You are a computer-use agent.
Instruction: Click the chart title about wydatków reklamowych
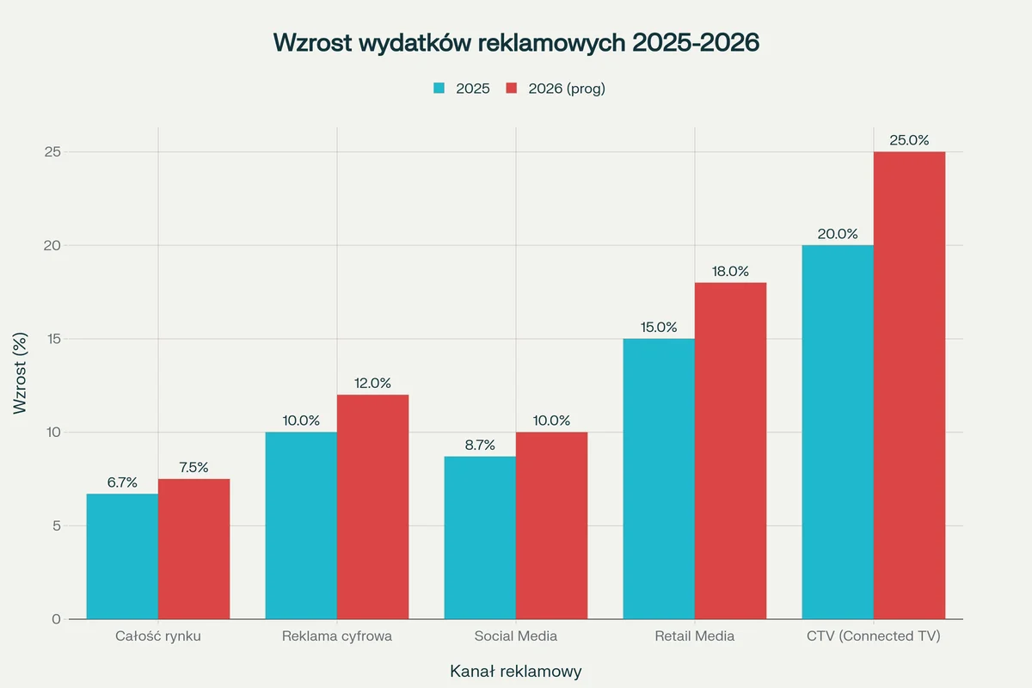pos(516,43)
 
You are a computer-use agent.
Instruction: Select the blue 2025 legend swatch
pos(439,89)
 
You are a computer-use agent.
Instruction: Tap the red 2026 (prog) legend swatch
pos(511,89)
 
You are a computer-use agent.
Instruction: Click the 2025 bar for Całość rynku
pos(122,556)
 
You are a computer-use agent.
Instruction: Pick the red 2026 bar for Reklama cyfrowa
pos(372,507)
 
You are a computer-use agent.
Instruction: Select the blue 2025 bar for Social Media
pos(480,537)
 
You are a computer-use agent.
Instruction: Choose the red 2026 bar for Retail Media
pos(730,451)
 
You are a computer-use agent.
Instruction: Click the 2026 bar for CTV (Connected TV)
pos(909,385)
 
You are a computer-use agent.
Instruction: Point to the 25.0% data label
pos(909,140)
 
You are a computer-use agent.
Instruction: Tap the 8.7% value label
pos(480,445)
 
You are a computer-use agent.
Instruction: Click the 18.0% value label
pos(730,271)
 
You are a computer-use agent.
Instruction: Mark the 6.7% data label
pos(122,482)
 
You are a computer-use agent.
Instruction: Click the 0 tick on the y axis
pos(56,619)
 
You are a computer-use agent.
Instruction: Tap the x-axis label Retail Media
pos(694,637)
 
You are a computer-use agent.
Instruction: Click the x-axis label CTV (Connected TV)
pos(873,637)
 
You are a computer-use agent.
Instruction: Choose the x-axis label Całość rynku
pos(158,637)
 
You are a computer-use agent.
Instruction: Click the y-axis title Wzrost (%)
pos(21,373)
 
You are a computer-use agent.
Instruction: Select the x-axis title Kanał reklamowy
pos(516,671)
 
